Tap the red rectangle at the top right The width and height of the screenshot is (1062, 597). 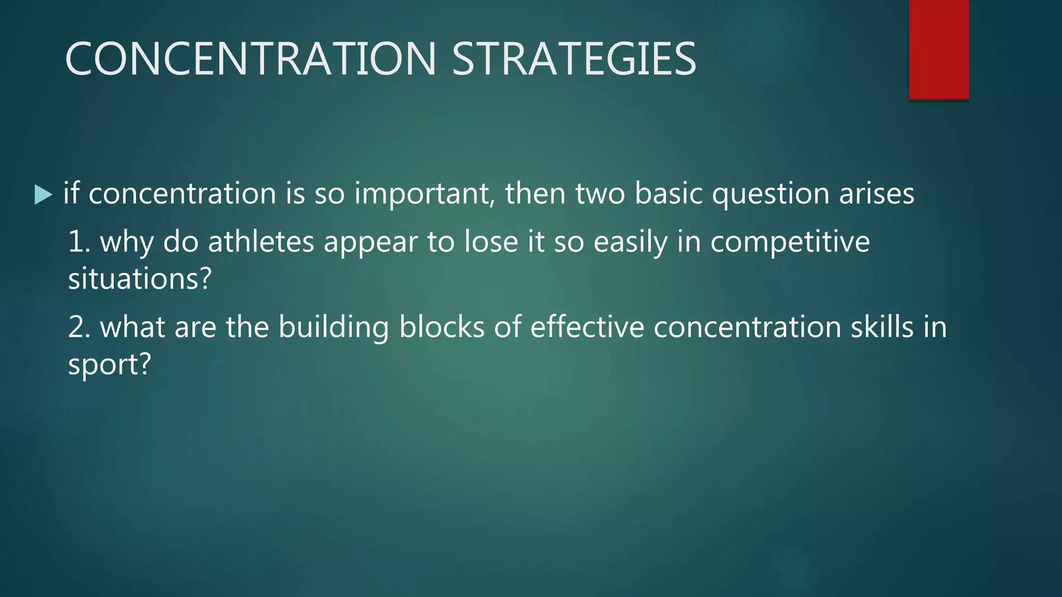[x=939, y=49]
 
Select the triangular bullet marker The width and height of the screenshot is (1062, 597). [x=43, y=195]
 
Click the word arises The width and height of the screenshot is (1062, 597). [x=877, y=194]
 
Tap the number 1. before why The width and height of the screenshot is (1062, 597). [x=79, y=242]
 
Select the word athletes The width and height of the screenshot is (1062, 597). [x=261, y=242]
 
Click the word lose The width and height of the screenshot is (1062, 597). [x=491, y=242]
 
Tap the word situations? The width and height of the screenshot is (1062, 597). [x=140, y=279]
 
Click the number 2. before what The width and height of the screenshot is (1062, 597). [x=79, y=328]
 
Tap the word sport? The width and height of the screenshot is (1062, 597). [x=109, y=365]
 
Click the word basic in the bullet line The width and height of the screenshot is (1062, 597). [x=668, y=194]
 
